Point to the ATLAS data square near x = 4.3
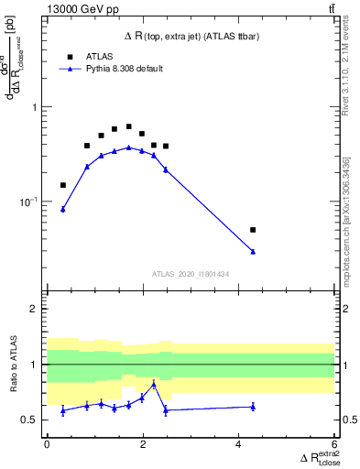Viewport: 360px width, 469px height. pos(253,230)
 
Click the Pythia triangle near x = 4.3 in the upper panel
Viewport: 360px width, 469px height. pos(253,251)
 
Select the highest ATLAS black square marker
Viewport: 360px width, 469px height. pos(129,126)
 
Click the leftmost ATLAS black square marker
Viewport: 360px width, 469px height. pos(63,185)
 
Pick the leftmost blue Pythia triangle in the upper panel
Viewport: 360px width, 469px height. pos(63,210)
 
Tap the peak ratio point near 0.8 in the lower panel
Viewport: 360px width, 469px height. pos(154,385)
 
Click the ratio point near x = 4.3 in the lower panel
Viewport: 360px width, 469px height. pos(253,406)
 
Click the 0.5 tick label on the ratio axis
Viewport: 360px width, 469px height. pos(33,420)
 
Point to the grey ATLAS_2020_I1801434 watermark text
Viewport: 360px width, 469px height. pos(191,274)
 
